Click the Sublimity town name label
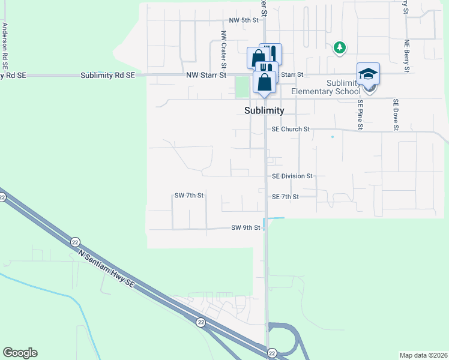tap(264, 110)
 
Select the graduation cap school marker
tap(368, 74)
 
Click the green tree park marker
tap(339, 47)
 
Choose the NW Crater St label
tap(223, 49)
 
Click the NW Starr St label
tap(206, 75)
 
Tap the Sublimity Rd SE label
tap(108, 75)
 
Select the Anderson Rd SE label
tap(5, 44)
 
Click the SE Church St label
tap(291, 129)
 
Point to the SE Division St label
tap(292, 176)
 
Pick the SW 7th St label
tap(189, 196)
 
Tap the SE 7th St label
tap(285, 197)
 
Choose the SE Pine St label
tap(360, 114)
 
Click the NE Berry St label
tap(406, 56)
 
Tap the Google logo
tap(20, 353)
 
